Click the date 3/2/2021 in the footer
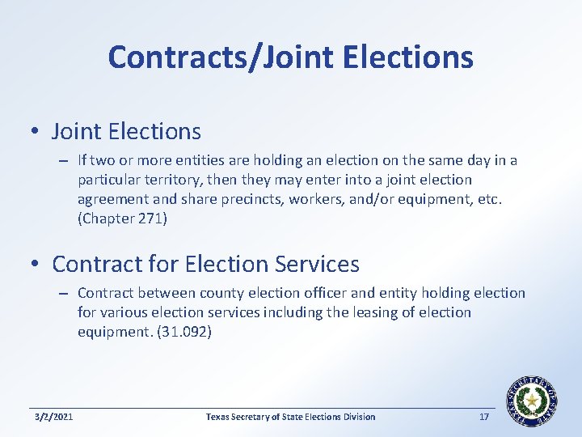pos(54,417)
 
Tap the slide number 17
pos(484,417)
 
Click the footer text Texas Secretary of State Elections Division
pos(290,417)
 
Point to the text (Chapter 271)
pos(122,218)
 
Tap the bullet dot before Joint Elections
pos(37,131)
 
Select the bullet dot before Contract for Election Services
pos(37,265)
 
